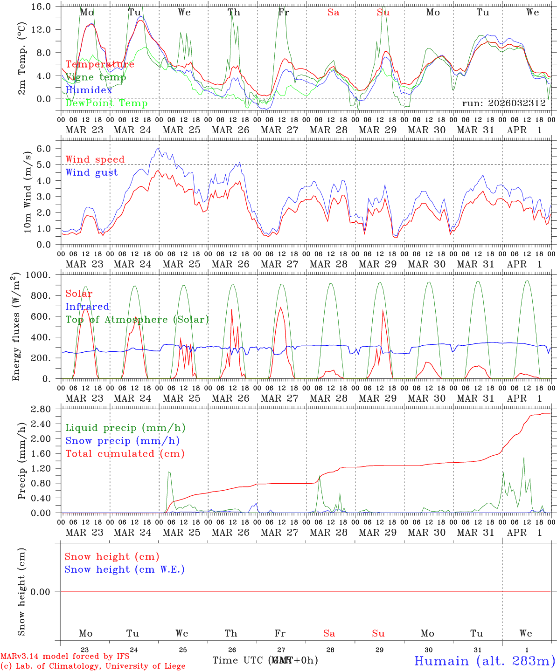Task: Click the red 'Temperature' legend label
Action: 100,64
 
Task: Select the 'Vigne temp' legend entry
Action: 96,77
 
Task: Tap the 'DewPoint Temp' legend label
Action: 106,103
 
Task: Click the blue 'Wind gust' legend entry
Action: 91,172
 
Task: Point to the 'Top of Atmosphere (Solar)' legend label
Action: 137,320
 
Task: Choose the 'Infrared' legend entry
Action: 87,307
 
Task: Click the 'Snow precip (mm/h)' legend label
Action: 122,441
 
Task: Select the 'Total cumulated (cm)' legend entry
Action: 125,454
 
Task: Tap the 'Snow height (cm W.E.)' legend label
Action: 125,569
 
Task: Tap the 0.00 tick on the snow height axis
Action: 46,592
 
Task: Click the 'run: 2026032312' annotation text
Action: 503,103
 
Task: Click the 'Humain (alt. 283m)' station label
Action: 485,661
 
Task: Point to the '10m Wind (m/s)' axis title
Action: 28,192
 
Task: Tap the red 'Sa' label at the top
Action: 333,13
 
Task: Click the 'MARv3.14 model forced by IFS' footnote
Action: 65,657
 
